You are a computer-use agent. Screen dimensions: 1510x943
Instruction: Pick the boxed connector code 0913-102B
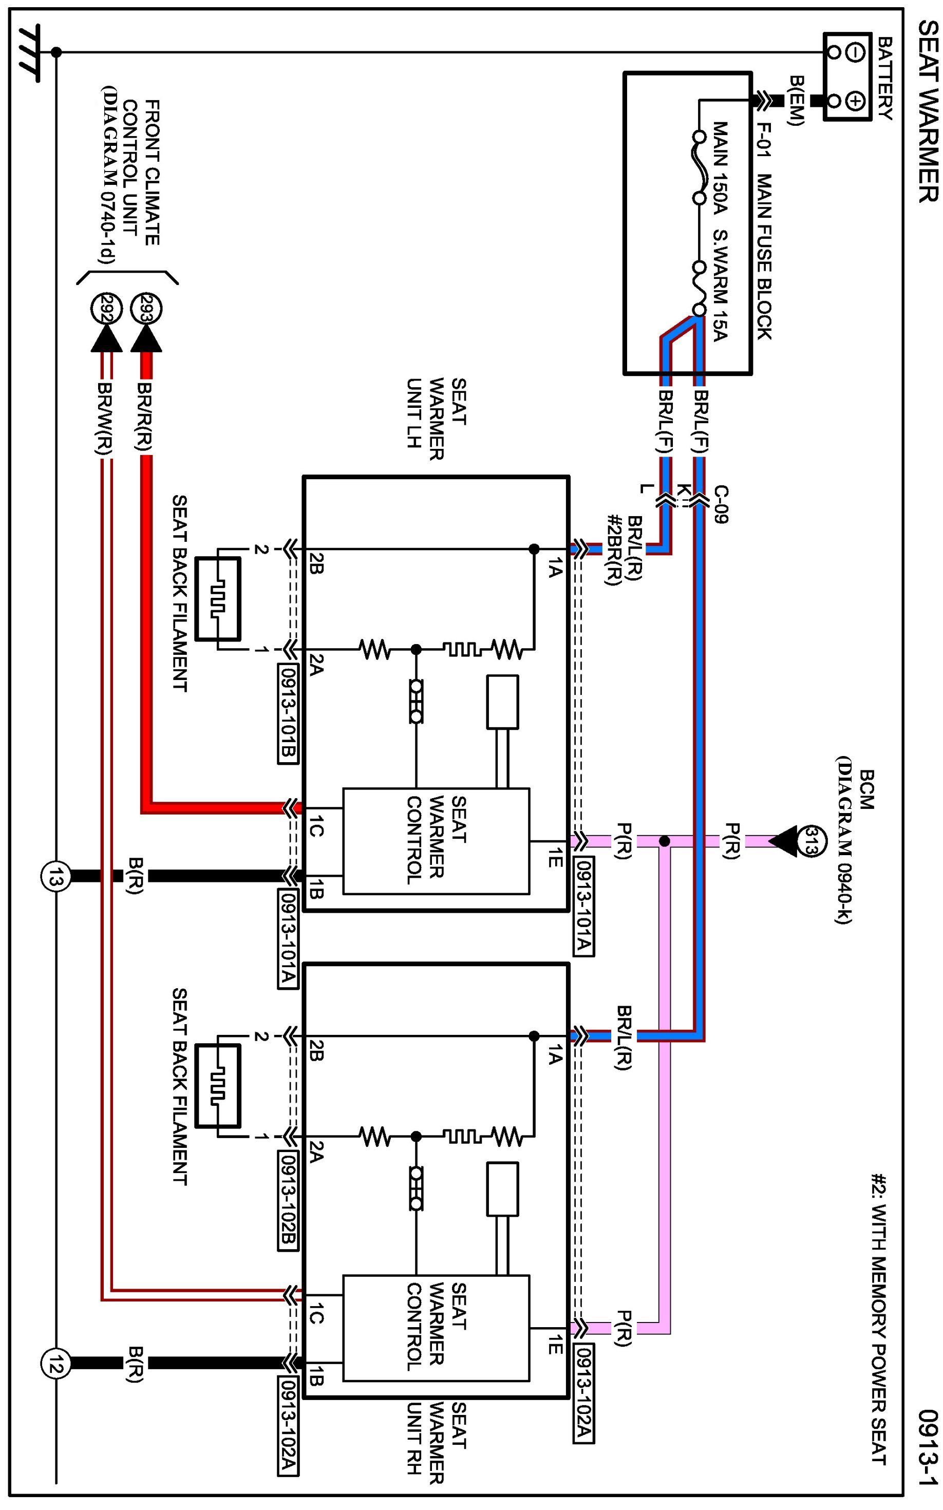click(289, 1201)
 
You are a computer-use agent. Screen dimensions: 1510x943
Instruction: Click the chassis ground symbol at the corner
click(30, 53)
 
